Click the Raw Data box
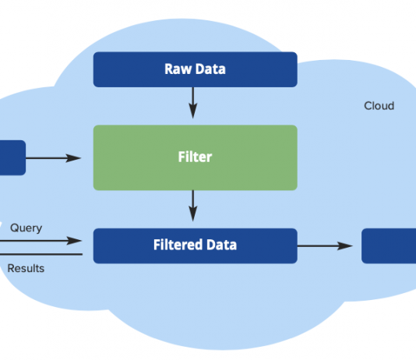[196, 69]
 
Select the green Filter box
[196, 157]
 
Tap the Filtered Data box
[196, 245]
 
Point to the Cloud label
[379, 106]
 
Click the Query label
[26, 228]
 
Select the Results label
[26, 268]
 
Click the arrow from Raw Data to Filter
[193, 103]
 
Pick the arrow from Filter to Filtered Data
[193, 206]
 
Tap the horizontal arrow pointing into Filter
[53, 158]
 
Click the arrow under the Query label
[41, 241]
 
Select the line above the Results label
[41, 254]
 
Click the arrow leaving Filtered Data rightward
[325, 246]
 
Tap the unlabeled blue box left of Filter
[12, 157]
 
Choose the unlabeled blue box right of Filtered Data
[389, 245]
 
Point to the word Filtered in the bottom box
[178, 245]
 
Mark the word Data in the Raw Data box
[210, 69]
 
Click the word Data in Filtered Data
[221, 245]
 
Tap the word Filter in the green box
[195, 157]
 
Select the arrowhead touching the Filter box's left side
[73, 158]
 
